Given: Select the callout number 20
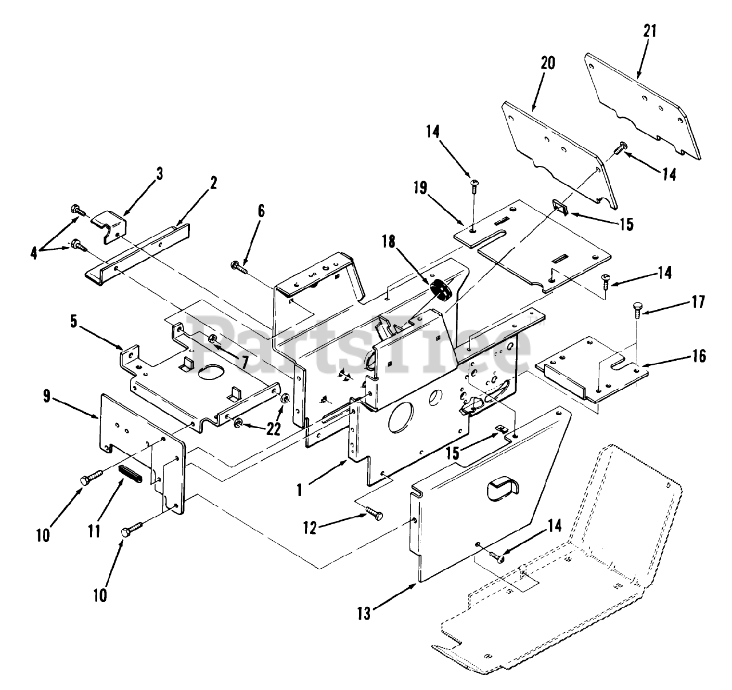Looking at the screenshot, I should [x=547, y=63].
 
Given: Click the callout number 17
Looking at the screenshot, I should [x=698, y=301].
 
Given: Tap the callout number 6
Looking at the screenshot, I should [x=261, y=210].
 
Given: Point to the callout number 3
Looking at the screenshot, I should [x=160, y=174].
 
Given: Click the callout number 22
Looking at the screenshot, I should [x=273, y=429].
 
